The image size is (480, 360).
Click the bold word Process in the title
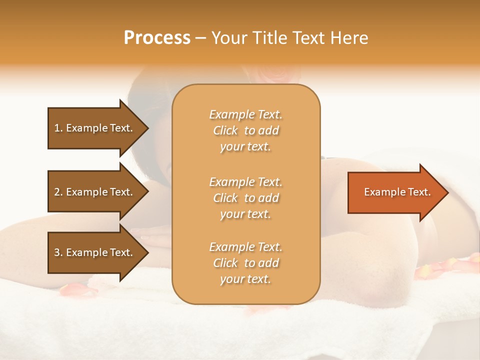157,38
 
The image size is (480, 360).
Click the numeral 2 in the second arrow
57,192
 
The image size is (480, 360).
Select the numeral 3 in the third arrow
57,252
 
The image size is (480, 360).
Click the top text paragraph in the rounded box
245,130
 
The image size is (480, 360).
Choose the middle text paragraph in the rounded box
245,198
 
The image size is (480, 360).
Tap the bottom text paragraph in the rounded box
245,263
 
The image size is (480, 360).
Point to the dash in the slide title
200,38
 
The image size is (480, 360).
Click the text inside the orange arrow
397,192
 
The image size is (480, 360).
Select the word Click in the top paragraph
225,131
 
